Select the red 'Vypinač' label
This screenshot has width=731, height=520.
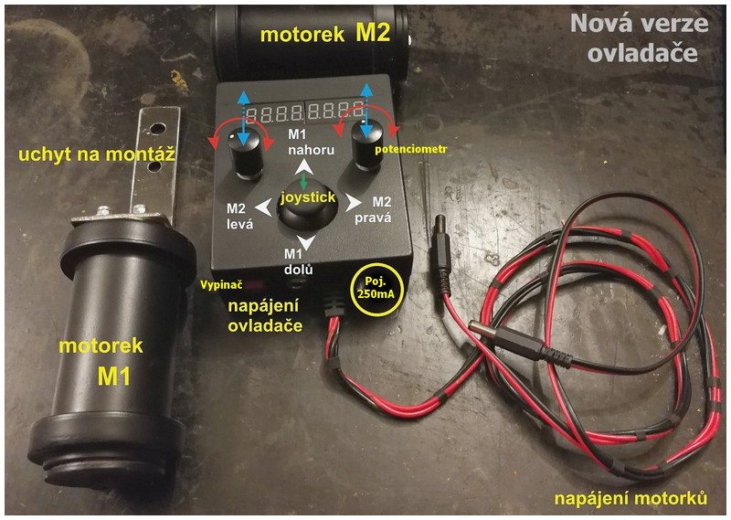pos(218,284)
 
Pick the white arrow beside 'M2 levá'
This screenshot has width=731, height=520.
pos(263,208)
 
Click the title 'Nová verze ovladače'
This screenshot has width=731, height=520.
pos(634,37)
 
